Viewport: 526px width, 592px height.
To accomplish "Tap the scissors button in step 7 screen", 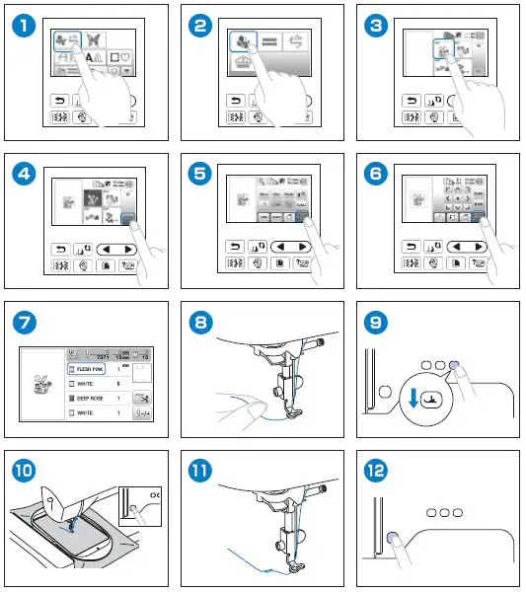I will (x=143, y=398).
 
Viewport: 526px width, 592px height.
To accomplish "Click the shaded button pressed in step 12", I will (x=394, y=539).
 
